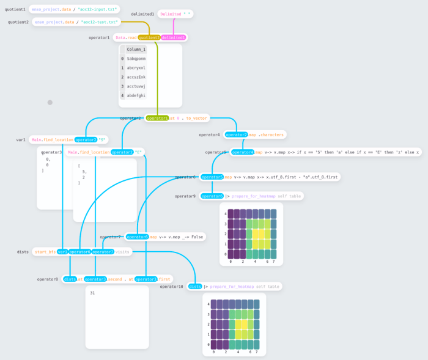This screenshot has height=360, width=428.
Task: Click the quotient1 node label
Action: coord(15,10)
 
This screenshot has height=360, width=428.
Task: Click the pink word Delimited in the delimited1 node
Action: coord(188,13)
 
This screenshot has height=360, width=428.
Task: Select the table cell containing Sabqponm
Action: coord(136,59)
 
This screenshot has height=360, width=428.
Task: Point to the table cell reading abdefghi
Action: coord(136,95)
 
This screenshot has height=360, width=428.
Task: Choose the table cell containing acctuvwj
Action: coord(136,86)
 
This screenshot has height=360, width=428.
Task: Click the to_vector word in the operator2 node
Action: coord(197,118)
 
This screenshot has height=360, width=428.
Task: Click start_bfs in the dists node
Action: coord(45,251)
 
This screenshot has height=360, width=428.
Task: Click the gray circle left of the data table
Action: coord(50,103)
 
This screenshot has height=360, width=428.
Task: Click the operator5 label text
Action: coord(216,152)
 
